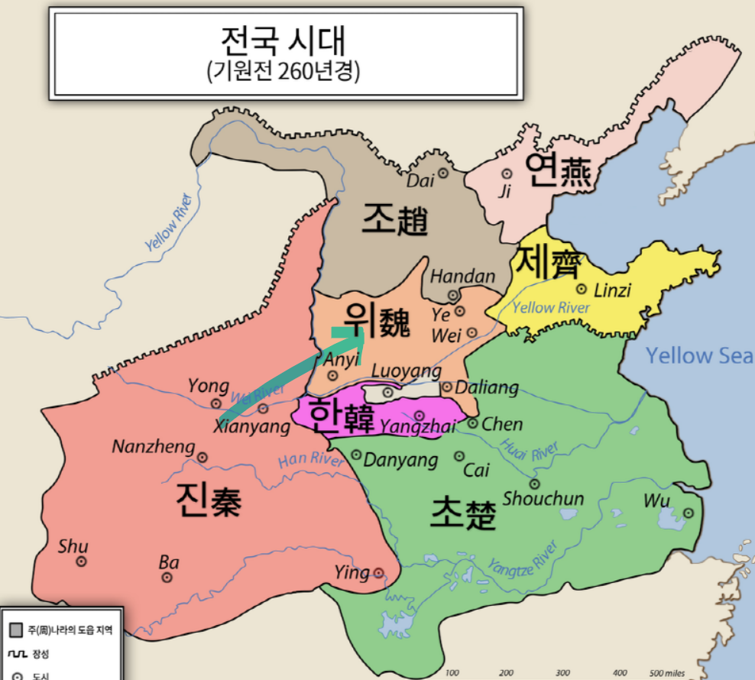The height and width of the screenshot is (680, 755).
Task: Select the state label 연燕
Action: [557, 171]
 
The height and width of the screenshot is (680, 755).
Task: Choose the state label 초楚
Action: [463, 513]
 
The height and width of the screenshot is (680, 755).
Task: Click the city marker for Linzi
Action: [582, 290]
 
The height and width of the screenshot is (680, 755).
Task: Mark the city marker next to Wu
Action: [688, 513]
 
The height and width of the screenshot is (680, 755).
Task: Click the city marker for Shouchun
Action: [534, 484]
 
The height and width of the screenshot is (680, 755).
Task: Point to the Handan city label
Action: [462, 277]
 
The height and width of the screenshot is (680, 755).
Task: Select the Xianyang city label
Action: [252, 426]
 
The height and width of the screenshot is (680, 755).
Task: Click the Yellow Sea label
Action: [699, 355]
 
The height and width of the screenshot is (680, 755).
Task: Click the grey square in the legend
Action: [15, 631]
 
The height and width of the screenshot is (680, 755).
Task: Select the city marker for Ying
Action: [378, 573]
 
